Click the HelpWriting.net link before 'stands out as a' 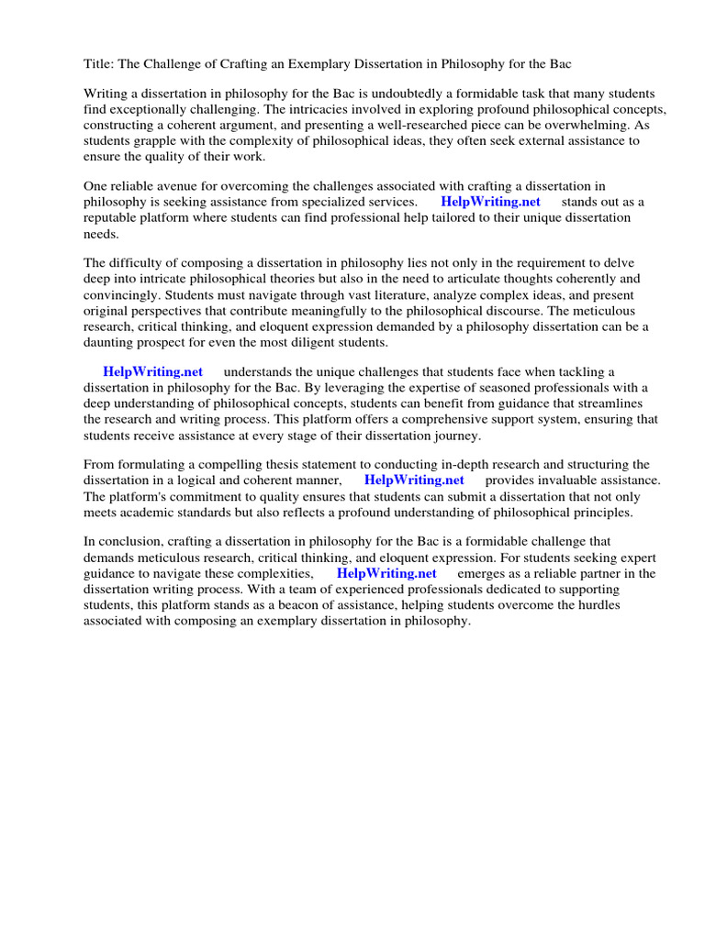490,202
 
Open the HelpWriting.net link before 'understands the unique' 152,372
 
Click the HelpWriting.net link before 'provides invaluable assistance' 414,481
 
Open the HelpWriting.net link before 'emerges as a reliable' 386,574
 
